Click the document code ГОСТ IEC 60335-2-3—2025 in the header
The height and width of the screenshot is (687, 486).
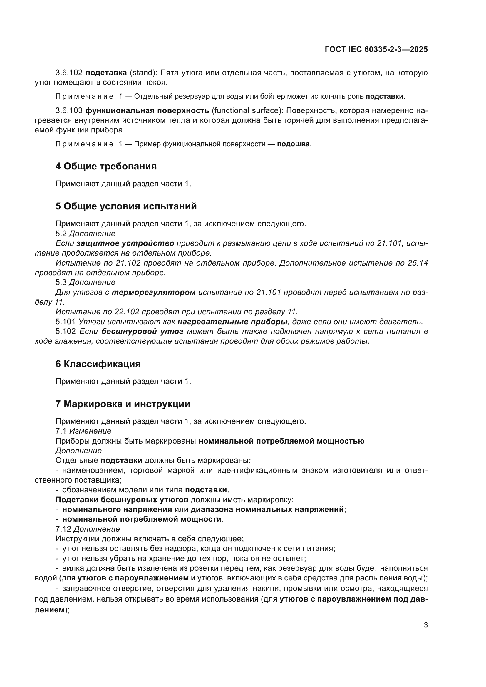[x=376, y=49]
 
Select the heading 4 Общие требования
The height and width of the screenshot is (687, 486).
[x=106, y=166]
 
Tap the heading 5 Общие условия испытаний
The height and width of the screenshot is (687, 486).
[x=126, y=206]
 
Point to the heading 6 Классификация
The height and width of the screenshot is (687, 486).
[x=98, y=364]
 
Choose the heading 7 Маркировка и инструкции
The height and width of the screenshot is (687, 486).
[x=123, y=404]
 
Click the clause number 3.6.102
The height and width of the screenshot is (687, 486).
[x=69, y=73]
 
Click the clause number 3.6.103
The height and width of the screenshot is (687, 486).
[x=69, y=111]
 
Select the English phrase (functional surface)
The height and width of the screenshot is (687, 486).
[x=247, y=111]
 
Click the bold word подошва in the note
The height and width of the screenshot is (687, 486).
[x=293, y=144]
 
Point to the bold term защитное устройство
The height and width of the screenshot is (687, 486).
[x=125, y=243]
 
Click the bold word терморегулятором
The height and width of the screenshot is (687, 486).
[x=153, y=292]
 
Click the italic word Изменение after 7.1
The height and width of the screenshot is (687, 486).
[x=90, y=431]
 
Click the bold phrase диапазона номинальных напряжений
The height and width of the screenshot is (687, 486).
[x=267, y=509]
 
